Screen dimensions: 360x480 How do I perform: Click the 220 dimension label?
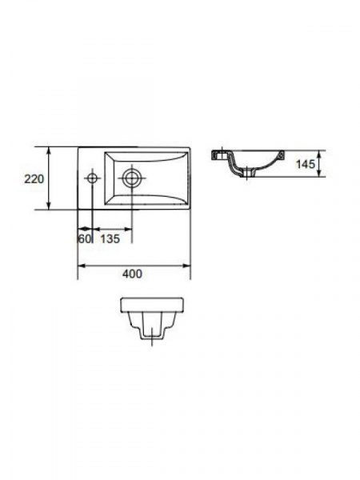34,178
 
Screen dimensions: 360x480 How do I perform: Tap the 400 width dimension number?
132,274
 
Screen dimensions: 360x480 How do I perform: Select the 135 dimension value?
110,238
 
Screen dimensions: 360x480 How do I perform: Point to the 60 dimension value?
85,238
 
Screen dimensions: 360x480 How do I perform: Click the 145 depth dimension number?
306,164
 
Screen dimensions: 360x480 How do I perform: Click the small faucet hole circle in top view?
92,178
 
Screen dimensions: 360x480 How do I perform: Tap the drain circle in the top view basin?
132,178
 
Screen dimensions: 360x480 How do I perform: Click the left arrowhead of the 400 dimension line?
82,266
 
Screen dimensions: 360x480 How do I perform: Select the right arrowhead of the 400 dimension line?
186,266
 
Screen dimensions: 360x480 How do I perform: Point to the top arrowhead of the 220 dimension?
49,151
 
